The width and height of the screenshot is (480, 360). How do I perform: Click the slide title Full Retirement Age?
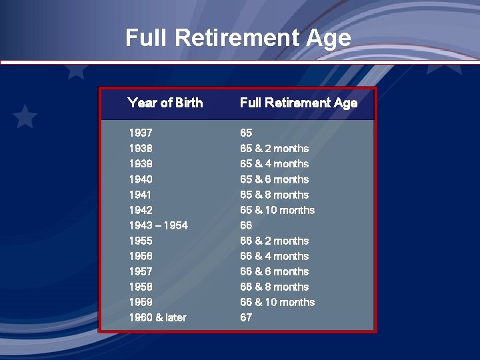(238, 37)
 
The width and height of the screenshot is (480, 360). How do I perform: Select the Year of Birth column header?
(165, 103)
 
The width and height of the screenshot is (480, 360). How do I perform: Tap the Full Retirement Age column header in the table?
(298, 103)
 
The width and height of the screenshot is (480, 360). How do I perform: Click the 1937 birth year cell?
(141, 133)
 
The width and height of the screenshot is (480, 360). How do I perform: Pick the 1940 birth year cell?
(141, 179)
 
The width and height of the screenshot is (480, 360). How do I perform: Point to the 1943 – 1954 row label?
(158, 225)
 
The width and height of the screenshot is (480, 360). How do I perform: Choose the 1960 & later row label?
(157, 317)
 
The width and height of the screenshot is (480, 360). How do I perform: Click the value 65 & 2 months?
(274, 148)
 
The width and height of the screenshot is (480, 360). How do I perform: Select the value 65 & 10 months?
(277, 210)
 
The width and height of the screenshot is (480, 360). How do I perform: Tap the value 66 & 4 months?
(274, 256)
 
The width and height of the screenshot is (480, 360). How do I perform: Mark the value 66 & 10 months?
(277, 302)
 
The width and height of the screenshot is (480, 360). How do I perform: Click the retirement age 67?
(246, 317)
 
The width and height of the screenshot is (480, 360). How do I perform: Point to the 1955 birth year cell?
(141, 241)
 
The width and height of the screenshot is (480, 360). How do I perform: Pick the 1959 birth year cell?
(141, 302)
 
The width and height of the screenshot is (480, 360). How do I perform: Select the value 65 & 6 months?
(274, 179)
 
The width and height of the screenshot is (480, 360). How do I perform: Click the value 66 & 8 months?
(274, 287)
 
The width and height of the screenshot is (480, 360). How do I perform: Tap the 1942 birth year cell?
(141, 210)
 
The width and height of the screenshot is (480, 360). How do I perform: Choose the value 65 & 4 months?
(274, 163)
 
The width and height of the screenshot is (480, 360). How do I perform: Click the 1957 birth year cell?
(141, 271)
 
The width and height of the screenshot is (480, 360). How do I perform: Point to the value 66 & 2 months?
(274, 241)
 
